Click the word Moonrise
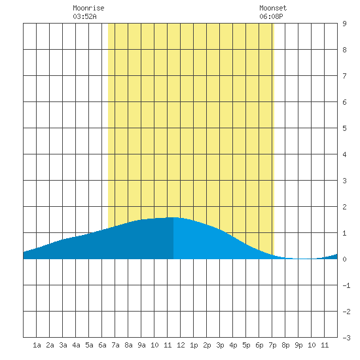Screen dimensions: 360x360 coord(88,8)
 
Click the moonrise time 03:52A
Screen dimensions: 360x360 coord(84,16)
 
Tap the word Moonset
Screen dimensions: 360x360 coord(273,8)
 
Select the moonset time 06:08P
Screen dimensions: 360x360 coord(271,16)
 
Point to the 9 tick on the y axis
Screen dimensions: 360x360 coord(344,24)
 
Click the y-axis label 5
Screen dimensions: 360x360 coord(344,128)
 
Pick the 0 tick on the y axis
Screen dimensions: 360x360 coord(344,259)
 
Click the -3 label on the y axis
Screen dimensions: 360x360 coord(346,338)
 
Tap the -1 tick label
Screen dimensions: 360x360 coord(346,285)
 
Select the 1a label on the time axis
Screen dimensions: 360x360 coord(37,345)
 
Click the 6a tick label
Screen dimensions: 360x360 coord(102,345)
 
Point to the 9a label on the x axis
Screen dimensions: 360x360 coord(141,345)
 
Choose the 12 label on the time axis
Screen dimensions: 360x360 coord(181,345)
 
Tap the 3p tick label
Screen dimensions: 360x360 coord(220,345)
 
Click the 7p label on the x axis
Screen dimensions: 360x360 coord(272,345)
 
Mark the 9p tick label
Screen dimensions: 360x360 coord(298,345)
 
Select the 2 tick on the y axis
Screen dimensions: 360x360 coord(344,207)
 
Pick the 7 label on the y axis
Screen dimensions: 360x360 coord(344,76)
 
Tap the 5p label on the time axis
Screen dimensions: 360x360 coord(246,345)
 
